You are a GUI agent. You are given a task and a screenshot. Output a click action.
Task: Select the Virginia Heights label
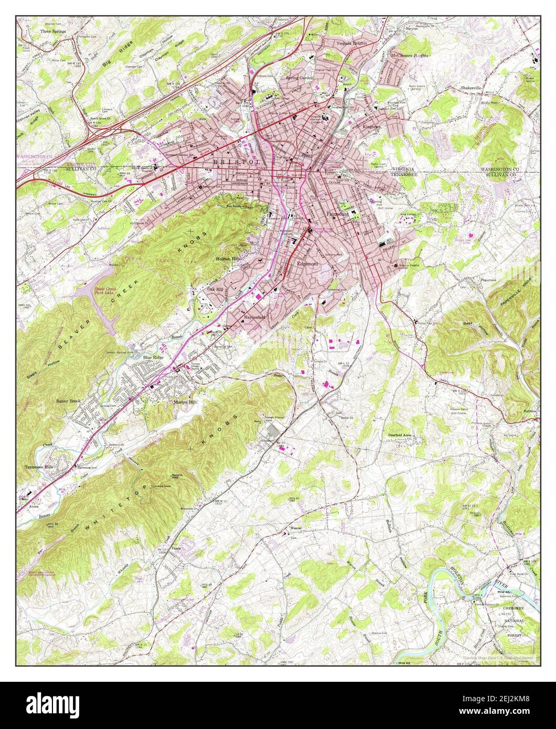pyautogui.click(x=352, y=44)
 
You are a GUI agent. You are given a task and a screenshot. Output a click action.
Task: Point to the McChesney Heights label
pyautogui.click(x=410, y=55)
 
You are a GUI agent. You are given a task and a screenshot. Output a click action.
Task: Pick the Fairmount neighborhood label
pyautogui.click(x=338, y=214)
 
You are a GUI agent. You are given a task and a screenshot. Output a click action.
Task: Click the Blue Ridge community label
pyautogui.click(x=154, y=358)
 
